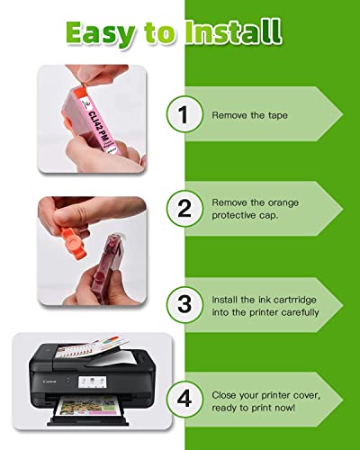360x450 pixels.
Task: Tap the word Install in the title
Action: click(x=233, y=31)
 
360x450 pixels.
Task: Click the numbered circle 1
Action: click(x=184, y=114)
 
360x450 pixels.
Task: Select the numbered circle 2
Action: click(x=184, y=209)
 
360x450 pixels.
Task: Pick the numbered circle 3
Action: click(x=184, y=304)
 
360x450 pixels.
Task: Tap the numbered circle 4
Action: click(x=184, y=399)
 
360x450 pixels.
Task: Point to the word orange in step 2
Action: click(x=283, y=203)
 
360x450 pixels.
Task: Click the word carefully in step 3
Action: click(x=300, y=312)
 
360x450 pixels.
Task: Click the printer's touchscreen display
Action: click(x=93, y=382)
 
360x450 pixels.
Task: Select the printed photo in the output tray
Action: click(x=87, y=406)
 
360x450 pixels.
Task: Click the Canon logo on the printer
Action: click(x=49, y=382)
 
